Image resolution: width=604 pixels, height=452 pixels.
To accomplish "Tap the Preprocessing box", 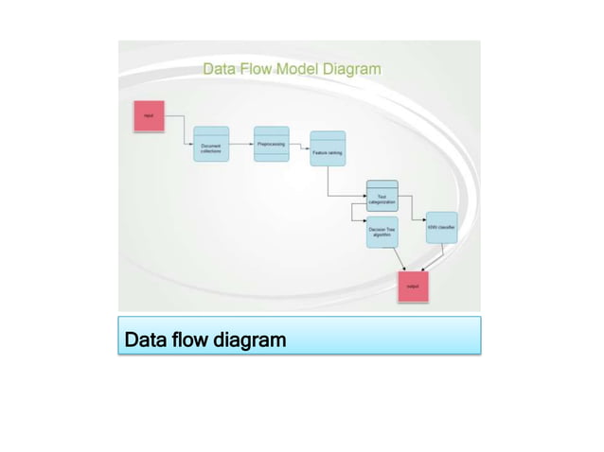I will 272,144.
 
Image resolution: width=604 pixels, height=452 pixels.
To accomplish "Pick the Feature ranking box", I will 328,148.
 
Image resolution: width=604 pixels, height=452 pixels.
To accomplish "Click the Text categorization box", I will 382,197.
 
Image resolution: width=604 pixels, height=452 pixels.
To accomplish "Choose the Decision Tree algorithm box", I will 382,232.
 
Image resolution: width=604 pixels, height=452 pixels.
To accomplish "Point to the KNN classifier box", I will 441,227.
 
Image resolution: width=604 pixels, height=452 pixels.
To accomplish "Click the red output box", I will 413,285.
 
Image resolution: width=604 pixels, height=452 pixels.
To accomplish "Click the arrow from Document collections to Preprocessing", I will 240,144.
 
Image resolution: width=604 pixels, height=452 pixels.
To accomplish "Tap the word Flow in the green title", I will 257,68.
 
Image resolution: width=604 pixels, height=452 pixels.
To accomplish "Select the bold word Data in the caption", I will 144,339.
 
